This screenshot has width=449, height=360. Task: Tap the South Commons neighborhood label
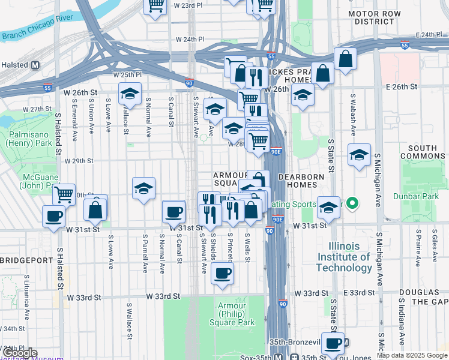point(426,152)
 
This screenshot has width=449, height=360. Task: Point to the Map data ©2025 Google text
point(412,355)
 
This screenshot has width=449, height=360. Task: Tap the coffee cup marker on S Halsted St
point(53,216)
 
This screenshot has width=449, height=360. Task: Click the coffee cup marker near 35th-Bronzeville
point(333,343)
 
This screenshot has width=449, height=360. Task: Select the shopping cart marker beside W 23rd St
point(156,6)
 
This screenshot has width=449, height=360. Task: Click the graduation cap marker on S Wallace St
point(130,94)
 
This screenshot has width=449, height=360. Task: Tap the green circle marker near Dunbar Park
point(354,205)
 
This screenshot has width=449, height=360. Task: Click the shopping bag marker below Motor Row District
point(345,59)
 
